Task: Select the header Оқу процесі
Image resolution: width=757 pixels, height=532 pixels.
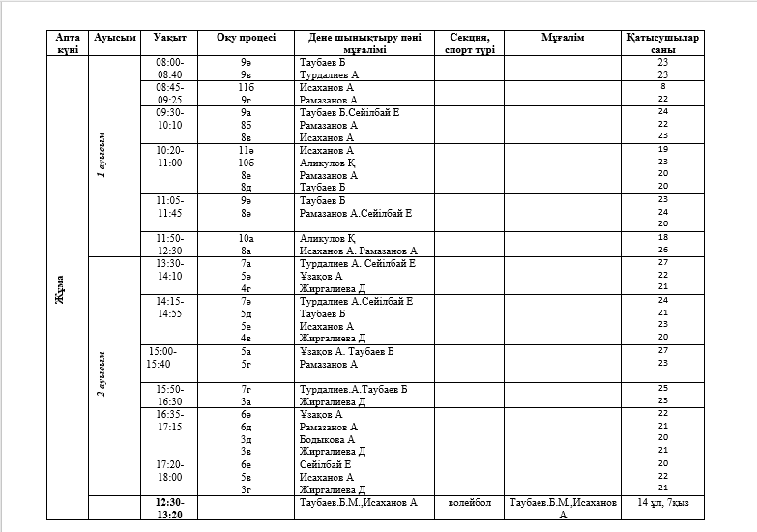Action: pyautogui.click(x=246, y=38)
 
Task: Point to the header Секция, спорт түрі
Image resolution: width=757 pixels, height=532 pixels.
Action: pyautogui.click(x=469, y=44)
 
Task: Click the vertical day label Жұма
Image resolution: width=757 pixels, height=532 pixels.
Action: pyautogui.click(x=60, y=288)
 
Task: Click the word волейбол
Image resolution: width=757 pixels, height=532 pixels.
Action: pyautogui.click(x=469, y=503)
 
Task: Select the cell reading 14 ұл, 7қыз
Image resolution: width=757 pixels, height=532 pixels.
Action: pyautogui.click(x=662, y=503)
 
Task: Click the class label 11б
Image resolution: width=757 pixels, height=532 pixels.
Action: pyautogui.click(x=246, y=87)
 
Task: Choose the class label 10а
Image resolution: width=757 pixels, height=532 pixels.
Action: pyautogui.click(x=246, y=237)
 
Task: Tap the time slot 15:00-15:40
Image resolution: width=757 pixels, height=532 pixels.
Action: pyautogui.click(x=164, y=358)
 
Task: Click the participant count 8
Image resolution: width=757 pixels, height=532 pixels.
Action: pyautogui.click(x=662, y=87)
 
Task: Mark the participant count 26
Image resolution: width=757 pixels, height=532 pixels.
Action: pyautogui.click(x=662, y=250)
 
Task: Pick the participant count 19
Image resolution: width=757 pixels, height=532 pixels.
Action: pyautogui.click(x=662, y=150)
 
